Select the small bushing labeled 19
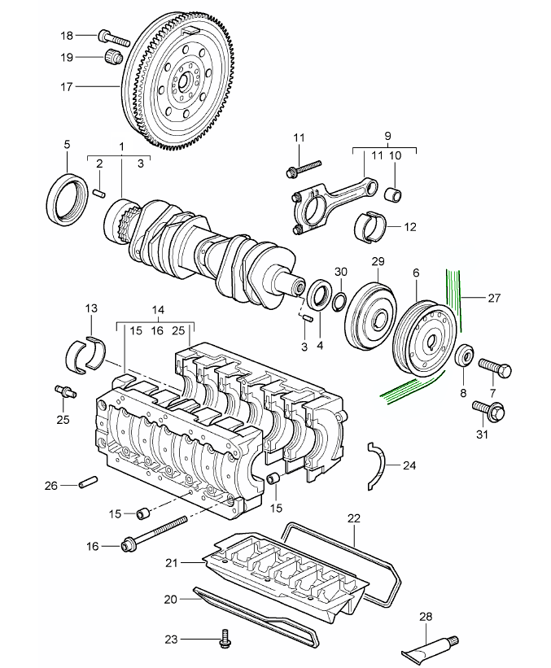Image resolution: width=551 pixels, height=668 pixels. (113, 57)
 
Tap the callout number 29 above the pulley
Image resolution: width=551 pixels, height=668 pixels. (377, 261)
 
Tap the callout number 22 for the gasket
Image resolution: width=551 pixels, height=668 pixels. (353, 517)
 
